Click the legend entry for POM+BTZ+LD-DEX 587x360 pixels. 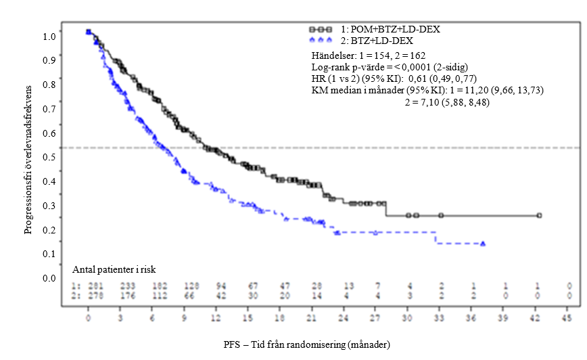pos(392,30)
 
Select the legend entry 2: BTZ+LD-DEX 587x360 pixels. pos(381,41)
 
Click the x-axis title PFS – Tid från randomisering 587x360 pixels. pos(307,344)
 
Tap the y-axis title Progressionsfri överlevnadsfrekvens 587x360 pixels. pos(28,160)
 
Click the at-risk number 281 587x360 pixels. pos(88,287)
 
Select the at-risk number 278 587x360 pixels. pos(88,296)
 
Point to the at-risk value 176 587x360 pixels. pos(120,296)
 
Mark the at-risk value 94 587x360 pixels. pos(216,287)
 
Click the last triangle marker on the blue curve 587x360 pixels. pos(482,244)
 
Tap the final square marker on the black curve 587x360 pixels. pos(539,215)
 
